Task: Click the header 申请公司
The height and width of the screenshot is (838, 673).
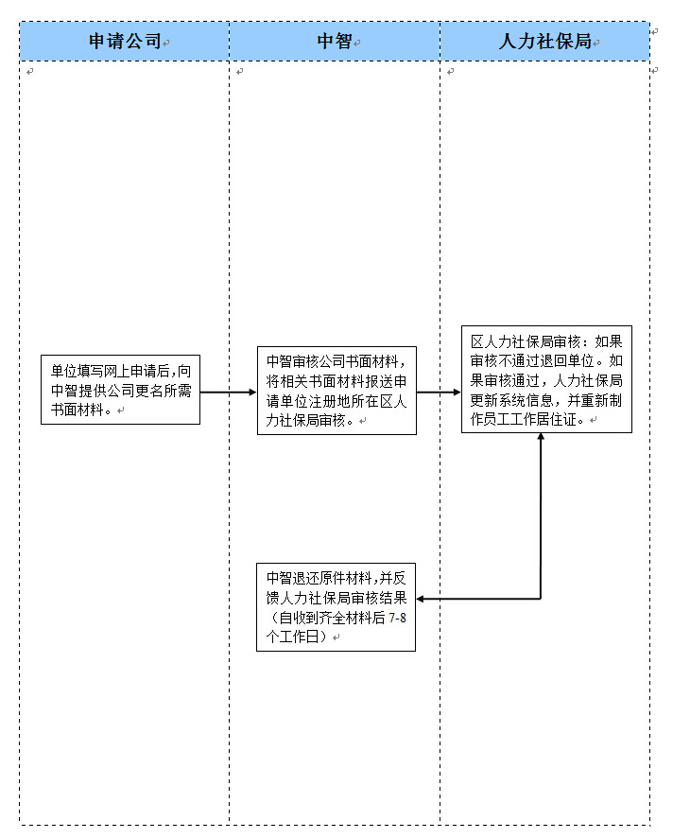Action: click(125, 42)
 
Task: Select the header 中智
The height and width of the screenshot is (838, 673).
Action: click(334, 42)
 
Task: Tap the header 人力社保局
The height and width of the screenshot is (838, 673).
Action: click(544, 42)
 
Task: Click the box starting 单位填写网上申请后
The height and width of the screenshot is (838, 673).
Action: click(120, 390)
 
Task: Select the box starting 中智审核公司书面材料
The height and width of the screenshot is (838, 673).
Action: click(336, 390)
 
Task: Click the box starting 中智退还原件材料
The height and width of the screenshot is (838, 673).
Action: click(336, 607)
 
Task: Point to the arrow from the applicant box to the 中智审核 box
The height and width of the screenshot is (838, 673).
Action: click(228, 392)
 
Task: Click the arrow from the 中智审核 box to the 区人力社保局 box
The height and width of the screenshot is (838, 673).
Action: click(439, 392)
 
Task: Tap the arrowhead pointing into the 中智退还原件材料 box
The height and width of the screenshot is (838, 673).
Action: click(422, 599)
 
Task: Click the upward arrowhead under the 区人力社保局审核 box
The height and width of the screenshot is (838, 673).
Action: click(541, 439)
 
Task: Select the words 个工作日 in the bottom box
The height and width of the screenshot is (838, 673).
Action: click(297, 637)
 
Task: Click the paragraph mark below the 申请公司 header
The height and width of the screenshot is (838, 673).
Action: click(31, 72)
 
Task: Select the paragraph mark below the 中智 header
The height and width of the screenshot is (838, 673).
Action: click(240, 72)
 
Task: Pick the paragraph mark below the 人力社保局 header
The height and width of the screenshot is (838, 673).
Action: click(451, 72)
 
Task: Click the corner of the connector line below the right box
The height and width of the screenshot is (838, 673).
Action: click(541, 599)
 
